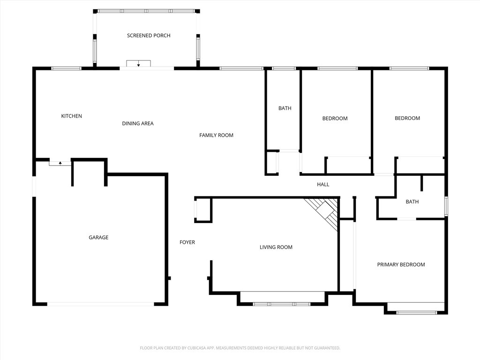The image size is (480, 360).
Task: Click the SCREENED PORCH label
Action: tap(149, 36)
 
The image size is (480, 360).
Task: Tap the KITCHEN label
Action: tap(72, 116)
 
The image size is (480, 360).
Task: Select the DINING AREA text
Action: tap(138, 123)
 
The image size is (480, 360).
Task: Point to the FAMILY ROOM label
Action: tap(217, 135)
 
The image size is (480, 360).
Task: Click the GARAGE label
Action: tap(98, 237)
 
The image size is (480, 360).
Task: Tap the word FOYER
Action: tap(187, 242)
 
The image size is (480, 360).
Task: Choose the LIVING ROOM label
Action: tap(276, 247)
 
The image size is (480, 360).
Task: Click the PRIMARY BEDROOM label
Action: tap(401, 264)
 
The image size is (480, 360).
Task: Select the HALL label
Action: tap(323, 184)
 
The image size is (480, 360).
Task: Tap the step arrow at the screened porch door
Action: tap(139, 64)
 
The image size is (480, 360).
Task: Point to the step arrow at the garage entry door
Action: tap(60, 163)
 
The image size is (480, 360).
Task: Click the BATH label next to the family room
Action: tap(285, 108)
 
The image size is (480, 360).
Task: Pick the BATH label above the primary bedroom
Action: tap(412, 202)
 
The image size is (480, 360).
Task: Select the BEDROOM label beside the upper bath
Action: tap(335, 119)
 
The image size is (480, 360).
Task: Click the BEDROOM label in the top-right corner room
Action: tap(407, 118)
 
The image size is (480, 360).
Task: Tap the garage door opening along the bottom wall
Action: tap(100, 304)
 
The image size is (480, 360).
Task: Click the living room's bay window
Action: tap(282, 304)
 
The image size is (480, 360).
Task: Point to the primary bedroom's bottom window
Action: tap(417, 313)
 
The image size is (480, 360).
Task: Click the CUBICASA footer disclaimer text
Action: tap(240, 348)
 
